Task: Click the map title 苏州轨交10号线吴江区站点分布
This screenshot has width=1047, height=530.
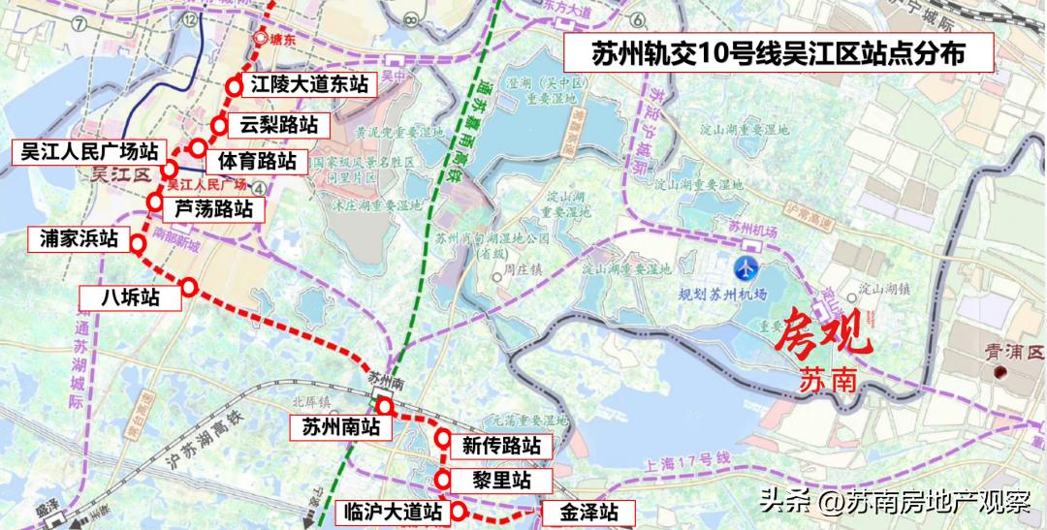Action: (x=778, y=54)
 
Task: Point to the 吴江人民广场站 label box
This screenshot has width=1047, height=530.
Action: (x=89, y=152)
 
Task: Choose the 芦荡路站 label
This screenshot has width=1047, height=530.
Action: (x=212, y=208)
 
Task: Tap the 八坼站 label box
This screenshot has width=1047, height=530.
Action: (x=132, y=297)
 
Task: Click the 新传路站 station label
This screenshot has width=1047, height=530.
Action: (x=501, y=446)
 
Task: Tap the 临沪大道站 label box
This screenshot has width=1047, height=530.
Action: (x=393, y=512)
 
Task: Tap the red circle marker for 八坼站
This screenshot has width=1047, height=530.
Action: (x=189, y=287)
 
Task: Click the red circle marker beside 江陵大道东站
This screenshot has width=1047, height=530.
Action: (x=234, y=86)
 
